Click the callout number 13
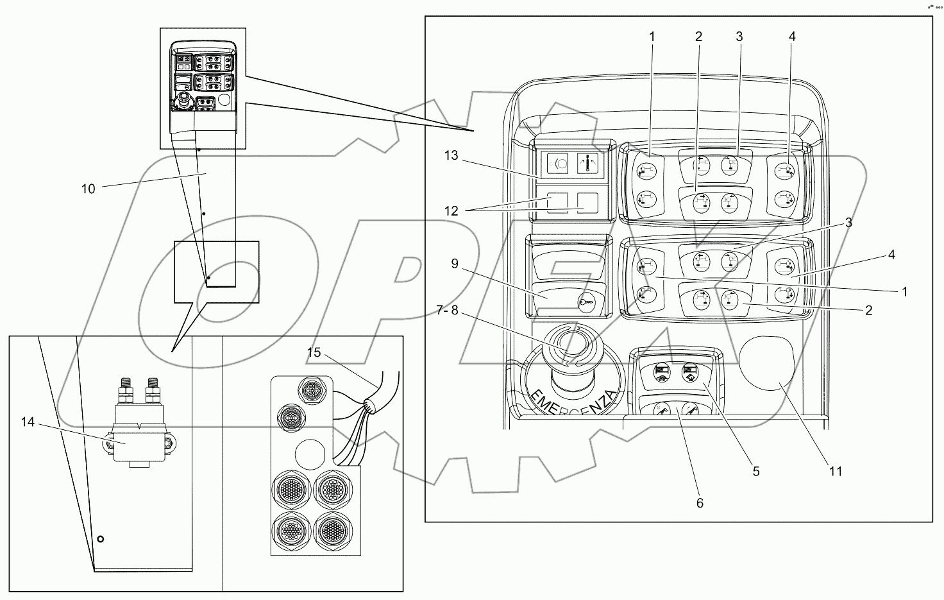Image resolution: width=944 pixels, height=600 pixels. [451, 155]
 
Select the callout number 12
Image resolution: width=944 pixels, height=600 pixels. [451, 210]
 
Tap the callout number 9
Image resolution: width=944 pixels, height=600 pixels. [455, 264]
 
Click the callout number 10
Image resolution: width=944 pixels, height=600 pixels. [88, 189]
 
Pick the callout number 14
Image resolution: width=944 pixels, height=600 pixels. [27, 422]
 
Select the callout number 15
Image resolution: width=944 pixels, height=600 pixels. [313, 353]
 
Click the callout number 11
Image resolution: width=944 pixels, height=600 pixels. [835, 472]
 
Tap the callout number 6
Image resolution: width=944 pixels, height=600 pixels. [700, 503]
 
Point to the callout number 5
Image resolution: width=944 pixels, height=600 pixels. [756, 472]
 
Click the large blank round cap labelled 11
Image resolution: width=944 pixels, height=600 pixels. [766, 365]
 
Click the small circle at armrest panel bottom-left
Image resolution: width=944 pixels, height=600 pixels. [99, 539]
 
